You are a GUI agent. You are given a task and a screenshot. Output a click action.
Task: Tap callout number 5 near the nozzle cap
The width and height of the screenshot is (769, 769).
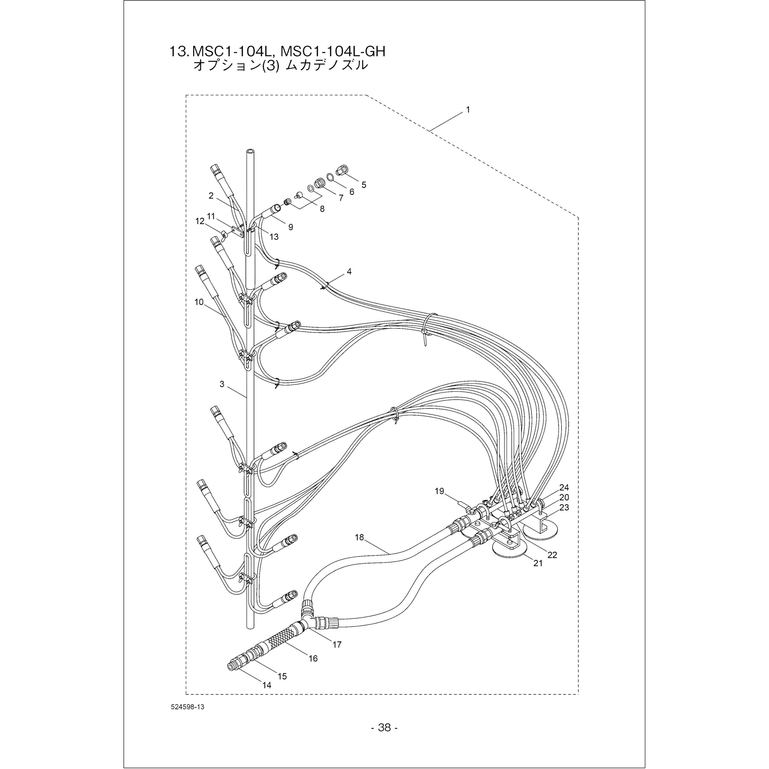(x=364, y=185)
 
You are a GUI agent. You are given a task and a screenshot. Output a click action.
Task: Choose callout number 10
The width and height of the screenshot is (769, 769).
(x=199, y=302)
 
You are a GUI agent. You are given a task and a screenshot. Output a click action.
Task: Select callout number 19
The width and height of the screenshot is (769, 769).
(x=439, y=491)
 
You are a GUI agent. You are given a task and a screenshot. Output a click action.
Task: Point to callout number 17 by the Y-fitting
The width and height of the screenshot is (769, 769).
(x=337, y=644)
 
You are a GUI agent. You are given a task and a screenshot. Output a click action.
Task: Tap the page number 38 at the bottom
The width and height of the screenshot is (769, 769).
(x=385, y=728)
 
